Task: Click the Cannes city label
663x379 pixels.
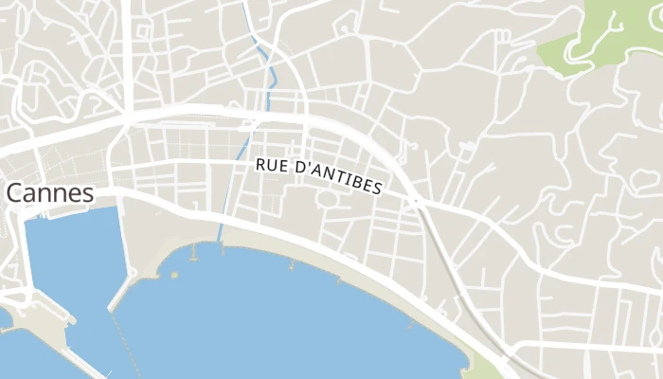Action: pyautogui.click(x=50, y=193)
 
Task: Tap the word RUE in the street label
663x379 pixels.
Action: pyautogui.click(x=270, y=165)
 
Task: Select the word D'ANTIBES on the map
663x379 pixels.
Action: pyautogui.click(x=335, y=179)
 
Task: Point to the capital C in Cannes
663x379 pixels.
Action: pyautogui.click(x=15, y=193)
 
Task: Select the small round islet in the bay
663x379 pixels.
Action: pyautogui.click(x=174, y=274)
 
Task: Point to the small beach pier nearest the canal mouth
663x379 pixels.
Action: pyautogui.click(x=194, y=252)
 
